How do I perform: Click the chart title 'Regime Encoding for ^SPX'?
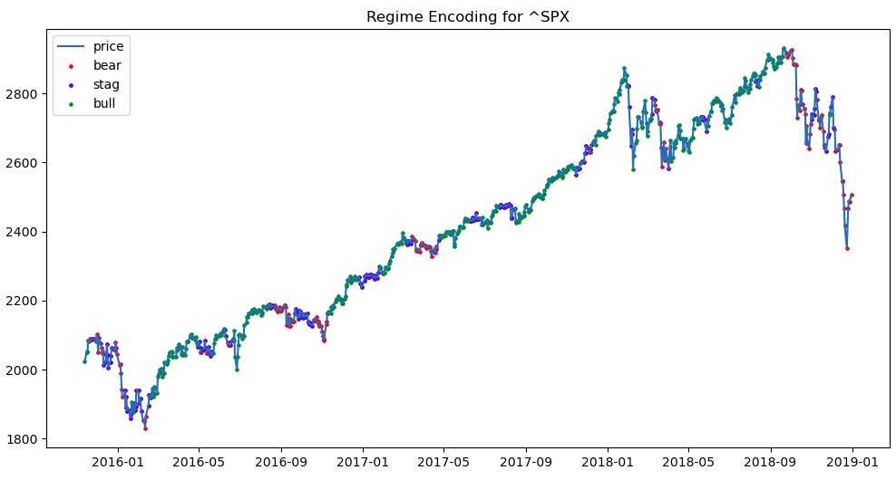(467, 16)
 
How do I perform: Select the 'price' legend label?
(108, 46)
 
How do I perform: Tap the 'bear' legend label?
(107, 65)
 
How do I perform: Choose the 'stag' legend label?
(106, 84)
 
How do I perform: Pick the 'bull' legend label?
(104, 103)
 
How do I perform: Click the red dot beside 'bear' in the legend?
(71, 66)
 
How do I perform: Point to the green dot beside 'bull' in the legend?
(71, 104)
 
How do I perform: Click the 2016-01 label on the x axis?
(118, 462)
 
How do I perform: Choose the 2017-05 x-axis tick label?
(443, 462)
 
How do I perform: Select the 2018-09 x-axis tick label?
(770, 462)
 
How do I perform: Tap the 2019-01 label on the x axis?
(852, 462)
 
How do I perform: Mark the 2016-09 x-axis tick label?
(281, 462)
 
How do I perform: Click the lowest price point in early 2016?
(145, 428)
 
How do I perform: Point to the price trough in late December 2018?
(847, 248)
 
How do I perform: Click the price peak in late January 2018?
(624, 68)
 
